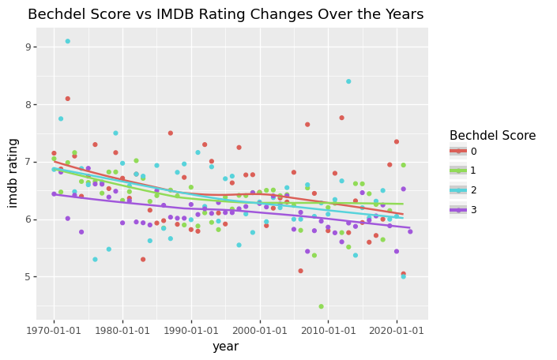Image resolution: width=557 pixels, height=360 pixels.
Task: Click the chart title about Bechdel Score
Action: (225, 14)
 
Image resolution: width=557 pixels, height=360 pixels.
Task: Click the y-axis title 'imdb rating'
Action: (13, 173)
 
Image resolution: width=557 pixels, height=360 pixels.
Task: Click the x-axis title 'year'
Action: (225, 347)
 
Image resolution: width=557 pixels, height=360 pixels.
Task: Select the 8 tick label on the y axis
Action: (26, 105)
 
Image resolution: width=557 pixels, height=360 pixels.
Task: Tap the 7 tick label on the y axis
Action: (26, 162)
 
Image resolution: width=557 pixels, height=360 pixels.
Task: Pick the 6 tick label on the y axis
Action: (26, 219)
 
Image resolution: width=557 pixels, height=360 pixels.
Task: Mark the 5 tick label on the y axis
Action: (26, 277)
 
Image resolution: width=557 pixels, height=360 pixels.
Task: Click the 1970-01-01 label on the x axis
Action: (54, 329)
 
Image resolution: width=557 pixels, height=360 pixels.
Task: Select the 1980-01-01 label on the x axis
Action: (122, 329)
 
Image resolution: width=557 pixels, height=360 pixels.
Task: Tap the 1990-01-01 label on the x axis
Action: (191, 329)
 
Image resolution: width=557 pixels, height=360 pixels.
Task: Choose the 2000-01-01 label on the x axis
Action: (259, 329)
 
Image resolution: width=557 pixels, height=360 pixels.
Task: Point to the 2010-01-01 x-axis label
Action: (328, 329)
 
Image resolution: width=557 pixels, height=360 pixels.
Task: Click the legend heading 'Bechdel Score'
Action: (492, 136)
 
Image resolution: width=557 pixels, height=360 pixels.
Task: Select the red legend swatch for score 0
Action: (458, 152)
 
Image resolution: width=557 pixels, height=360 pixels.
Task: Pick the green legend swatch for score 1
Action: (458, 171)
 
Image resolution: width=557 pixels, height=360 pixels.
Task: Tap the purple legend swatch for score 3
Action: (458, 210)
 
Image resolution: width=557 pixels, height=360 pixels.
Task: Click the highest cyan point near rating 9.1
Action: (67, 41)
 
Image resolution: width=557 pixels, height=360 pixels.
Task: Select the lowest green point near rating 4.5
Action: (321, 306)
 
